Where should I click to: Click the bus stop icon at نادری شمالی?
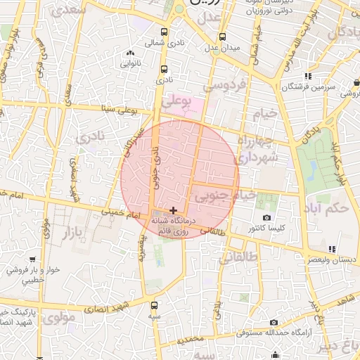tap(165, 32)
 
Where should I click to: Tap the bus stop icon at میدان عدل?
tap(222, 37)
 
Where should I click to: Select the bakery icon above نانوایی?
tap(129, 53)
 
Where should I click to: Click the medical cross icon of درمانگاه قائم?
tap(173, 210)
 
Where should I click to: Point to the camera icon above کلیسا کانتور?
tap(266, 217)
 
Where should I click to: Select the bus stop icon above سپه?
tap(155, 305)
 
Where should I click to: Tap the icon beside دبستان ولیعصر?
tap(332, 248)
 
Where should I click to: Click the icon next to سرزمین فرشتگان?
tap(308, 76)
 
